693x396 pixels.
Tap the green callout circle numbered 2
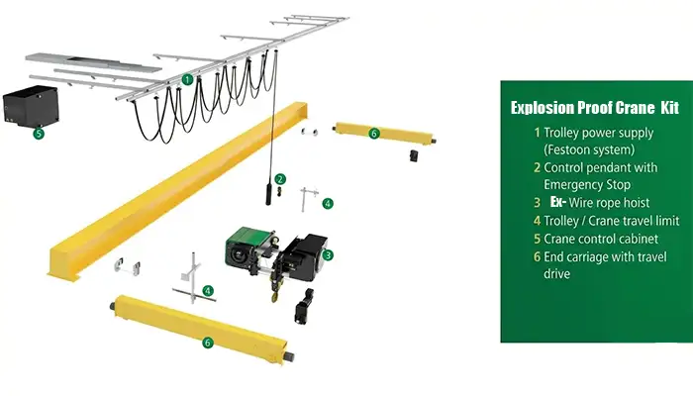click(x=281, y=179)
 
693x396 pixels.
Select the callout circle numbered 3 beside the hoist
click(x=328, y=254)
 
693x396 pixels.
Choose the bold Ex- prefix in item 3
click(x=558, y=202)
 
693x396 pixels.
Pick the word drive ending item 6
click(x=557, y=274)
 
